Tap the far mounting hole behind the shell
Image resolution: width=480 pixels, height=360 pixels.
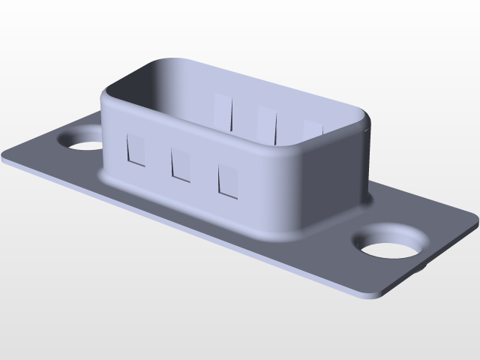coord(80,139)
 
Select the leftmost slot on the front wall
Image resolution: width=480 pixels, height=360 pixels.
coord(136,150)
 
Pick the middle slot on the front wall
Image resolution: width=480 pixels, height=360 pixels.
coord(181,164)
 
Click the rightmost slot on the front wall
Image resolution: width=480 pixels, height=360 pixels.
coord(229,181)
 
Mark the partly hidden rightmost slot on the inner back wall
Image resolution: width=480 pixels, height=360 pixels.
coord(312,130)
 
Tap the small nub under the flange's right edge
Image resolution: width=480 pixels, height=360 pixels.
coord(425,264)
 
